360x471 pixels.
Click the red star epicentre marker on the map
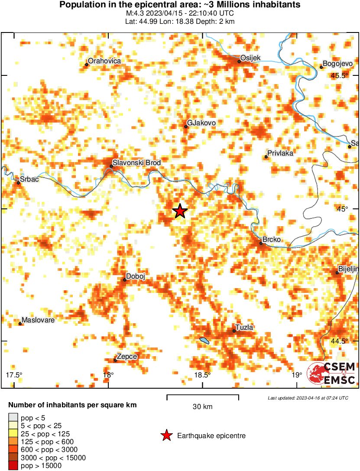pyautogui.click(x=180, y=211)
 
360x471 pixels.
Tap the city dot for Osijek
pyautogui.click(x=239, y=62)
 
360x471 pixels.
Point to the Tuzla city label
pyautogui.click(x=244, y=327)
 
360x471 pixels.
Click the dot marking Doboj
pyautogui.click(x=124, y=279)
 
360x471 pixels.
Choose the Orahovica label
pyautogui.click(x=104, y=61)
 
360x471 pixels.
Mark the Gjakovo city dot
pyautogui.click(x=186, y=127)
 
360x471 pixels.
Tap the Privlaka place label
pyautogui.click(x=280, y=153)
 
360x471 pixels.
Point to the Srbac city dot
pyautogui.click(x=18, y=183)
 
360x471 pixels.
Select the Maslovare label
pyautogui.click(x=38, y=320)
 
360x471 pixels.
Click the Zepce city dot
pyautogui.click(x=115, y=360)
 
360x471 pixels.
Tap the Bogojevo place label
pyautogui.click(x=337, y=63)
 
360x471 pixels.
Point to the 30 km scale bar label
pyautogui.click(x=202, y=406)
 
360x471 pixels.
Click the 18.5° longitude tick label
pyautogui.click(x=202, y=375)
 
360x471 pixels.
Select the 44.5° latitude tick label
pyautogui.click(x=339, y=341)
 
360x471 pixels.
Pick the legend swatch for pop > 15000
pyautogui.click(x=13, y=466)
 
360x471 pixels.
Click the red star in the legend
pyautogui.click(x=166, y=436)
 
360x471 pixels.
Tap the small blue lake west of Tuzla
pyautogui.click(x=204, y=341)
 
